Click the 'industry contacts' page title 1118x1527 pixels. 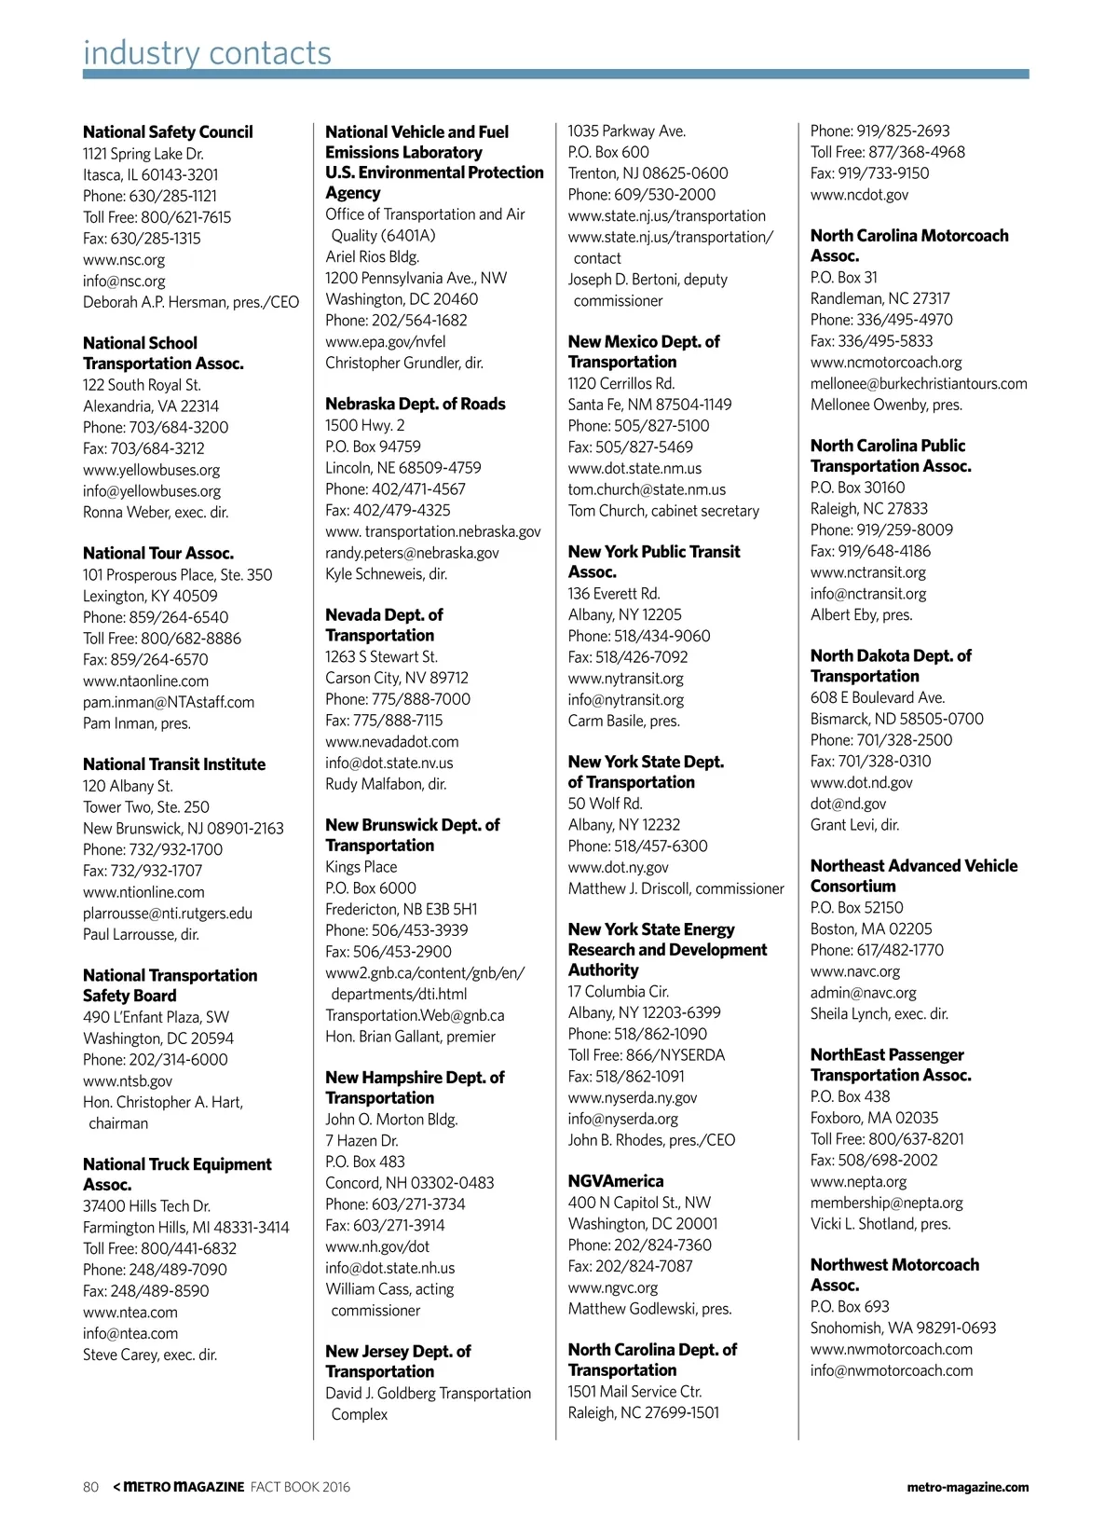[207, 53]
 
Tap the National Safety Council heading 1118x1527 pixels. [168, 132]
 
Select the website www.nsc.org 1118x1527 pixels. [124, 260]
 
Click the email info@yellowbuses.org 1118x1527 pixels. [152, 491]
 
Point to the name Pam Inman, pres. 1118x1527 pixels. [137, 723]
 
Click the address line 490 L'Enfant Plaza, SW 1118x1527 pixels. [156, 1017]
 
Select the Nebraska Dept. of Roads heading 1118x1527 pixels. [416, 404]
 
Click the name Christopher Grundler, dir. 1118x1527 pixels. [404, 363]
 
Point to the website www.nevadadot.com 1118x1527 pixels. [392, 742]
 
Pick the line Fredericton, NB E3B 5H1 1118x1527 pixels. [402, 909]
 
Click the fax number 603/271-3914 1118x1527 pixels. [385, 1225]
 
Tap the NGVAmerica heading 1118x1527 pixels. [616, 1181]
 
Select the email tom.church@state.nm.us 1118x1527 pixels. [647, 489]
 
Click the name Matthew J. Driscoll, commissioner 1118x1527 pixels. [676, 888]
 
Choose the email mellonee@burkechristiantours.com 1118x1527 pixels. [919, 383]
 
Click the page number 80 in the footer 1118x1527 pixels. [90, 1487]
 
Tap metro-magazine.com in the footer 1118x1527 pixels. [968, 1487]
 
